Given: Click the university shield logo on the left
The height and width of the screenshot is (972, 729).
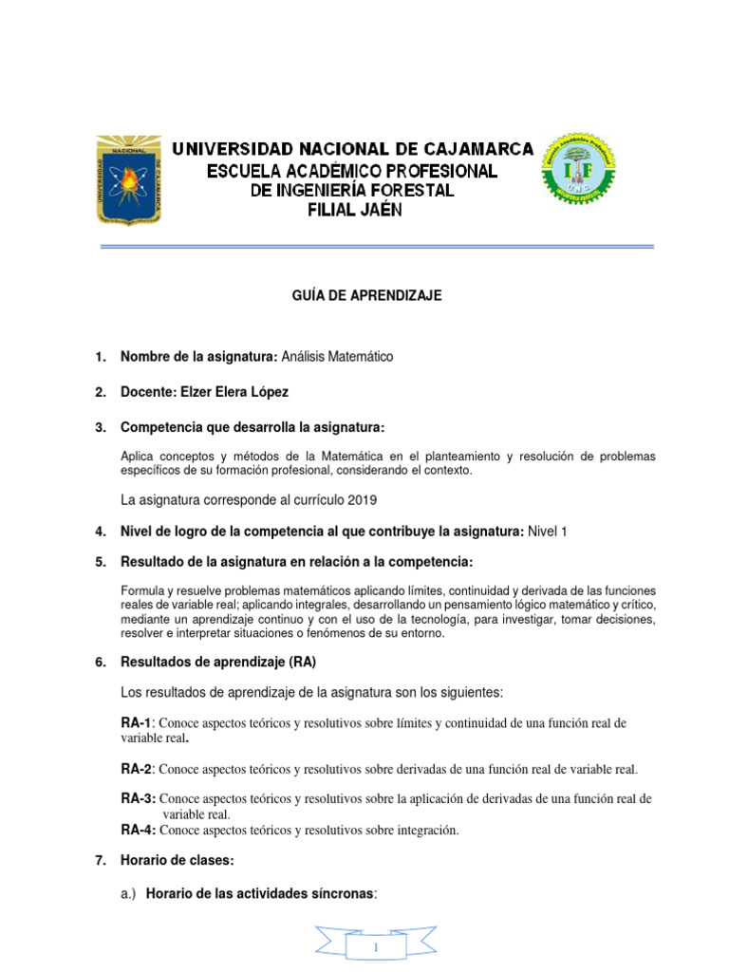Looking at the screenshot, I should (127, 180).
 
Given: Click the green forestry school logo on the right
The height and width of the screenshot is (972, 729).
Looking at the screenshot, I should (577, 172).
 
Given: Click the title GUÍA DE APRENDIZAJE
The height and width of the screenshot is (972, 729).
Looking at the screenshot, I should (366, 296).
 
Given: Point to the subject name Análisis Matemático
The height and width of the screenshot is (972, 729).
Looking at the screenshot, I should (337, 356).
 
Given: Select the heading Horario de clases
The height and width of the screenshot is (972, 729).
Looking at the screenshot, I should (177, 860).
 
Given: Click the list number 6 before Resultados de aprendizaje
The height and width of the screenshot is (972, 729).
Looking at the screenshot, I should (99, 661).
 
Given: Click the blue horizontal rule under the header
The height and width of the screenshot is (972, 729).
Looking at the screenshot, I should (378, 247).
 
